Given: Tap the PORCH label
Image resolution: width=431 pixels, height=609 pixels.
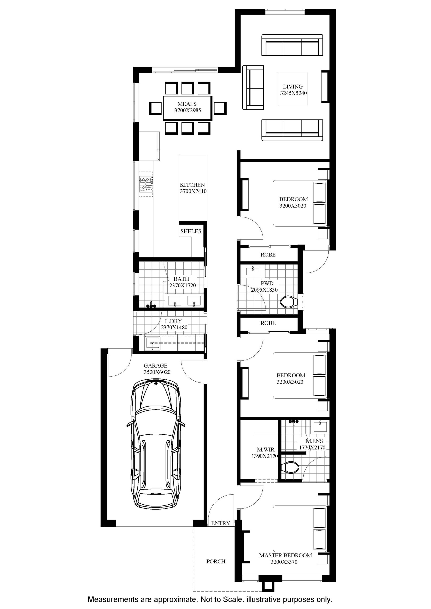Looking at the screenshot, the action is [216, 561].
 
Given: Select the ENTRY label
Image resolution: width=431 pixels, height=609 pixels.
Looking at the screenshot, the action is [221, 523].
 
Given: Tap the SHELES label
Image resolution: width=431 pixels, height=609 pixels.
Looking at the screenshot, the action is [191, 231].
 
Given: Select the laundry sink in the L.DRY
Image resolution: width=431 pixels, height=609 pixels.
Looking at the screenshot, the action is [152, 343].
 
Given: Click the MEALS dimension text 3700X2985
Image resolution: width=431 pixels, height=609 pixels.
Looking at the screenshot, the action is [187, 111].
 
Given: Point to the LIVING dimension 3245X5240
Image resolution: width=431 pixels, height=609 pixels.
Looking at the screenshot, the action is [293, 93].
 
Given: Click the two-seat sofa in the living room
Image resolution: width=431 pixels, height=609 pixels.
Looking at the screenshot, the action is [253, 88].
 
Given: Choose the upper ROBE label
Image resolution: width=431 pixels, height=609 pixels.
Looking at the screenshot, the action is [268, 255].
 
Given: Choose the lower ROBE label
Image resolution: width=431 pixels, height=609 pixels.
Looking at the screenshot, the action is [268, 323].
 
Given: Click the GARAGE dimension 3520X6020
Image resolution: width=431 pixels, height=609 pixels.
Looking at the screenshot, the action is [157, 372].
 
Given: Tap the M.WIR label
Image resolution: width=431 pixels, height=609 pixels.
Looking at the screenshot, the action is [266, 450].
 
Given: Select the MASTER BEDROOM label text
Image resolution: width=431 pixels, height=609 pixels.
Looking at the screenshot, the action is [286, 555].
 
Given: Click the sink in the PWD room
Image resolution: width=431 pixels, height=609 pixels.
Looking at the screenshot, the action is [253, 271].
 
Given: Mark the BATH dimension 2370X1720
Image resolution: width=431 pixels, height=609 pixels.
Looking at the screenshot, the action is [183, 285].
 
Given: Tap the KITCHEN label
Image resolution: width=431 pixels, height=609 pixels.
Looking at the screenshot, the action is [192, 185].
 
